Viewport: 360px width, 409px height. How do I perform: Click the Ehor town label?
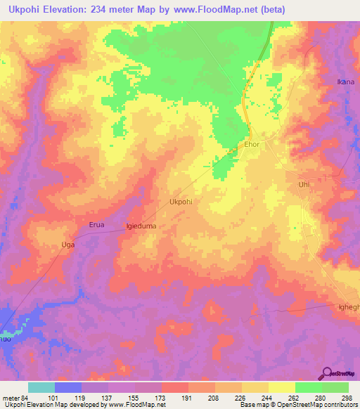click(252, 144)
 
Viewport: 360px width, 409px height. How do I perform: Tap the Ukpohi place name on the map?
click(181, 202)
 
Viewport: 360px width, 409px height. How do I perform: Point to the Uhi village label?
click(304, 184)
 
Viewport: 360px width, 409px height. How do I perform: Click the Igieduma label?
click(140, 226)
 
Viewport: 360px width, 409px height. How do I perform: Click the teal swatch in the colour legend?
click(41, 387)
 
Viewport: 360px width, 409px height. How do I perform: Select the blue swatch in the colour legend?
click(68, 387)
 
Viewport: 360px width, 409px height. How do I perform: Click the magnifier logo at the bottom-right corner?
click(326, 372)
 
